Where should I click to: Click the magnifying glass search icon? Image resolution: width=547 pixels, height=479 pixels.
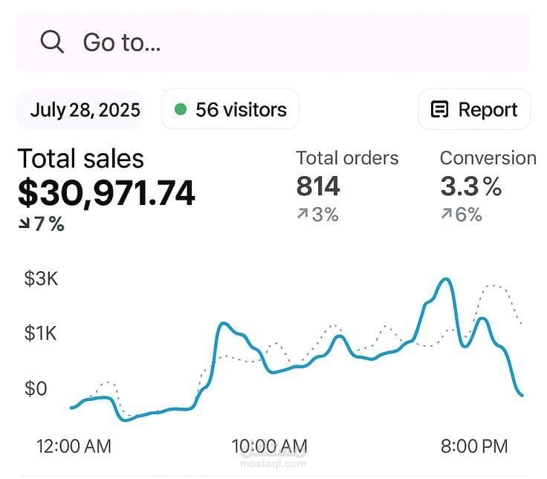[52, 42]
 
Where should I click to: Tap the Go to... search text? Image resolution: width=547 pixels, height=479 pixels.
[121, 42]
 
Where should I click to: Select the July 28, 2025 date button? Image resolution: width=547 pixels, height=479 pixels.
[85, 110]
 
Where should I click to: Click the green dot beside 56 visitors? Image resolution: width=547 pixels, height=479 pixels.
[180, 110]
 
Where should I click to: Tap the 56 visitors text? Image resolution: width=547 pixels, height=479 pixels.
[240, 110]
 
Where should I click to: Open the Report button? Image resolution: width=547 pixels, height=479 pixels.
[474, 110]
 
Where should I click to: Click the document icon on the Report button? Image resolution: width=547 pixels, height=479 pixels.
[440, 110]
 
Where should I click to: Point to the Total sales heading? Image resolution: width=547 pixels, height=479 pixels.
[80, 158]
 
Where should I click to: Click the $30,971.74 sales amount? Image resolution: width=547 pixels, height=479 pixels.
[106, 192]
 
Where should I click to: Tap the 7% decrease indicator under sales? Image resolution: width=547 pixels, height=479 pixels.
[42, 224]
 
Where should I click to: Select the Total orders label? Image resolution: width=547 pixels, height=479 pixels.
[347, 158]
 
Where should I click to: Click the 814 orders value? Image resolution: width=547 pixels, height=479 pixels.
[318, 186]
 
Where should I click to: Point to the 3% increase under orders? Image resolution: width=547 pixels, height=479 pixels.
[317, 215]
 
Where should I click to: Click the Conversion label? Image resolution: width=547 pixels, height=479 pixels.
[488, 158]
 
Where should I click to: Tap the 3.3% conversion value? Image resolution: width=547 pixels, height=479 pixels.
[470, 186]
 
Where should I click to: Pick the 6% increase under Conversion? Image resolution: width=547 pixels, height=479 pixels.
[462, 215]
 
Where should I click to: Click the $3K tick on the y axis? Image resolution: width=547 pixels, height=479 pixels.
[41, 280]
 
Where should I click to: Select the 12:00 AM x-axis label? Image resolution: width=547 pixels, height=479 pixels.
[74, 446]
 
